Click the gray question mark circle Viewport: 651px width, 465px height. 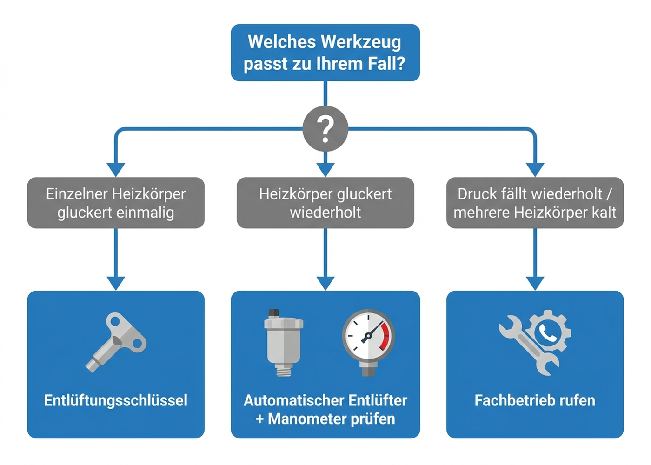[325, 128]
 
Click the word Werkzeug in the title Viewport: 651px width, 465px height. [361, 42]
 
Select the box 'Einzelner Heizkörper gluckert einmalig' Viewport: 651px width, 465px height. [116, 203]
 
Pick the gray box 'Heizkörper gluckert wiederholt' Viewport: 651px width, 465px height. [325, 203]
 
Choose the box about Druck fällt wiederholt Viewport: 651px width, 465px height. [535, 203]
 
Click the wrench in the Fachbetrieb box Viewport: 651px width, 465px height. [528, 345]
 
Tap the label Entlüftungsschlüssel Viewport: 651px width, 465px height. [116, 400]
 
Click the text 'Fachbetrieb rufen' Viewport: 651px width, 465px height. [535, 400]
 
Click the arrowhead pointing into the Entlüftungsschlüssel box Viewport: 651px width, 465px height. [116, 283]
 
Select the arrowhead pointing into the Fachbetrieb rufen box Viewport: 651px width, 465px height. [535, 283]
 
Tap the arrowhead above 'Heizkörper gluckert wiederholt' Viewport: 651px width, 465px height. [325, 170]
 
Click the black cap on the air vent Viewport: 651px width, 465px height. [274, 312]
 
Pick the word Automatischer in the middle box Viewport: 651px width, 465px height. [293, 400]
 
